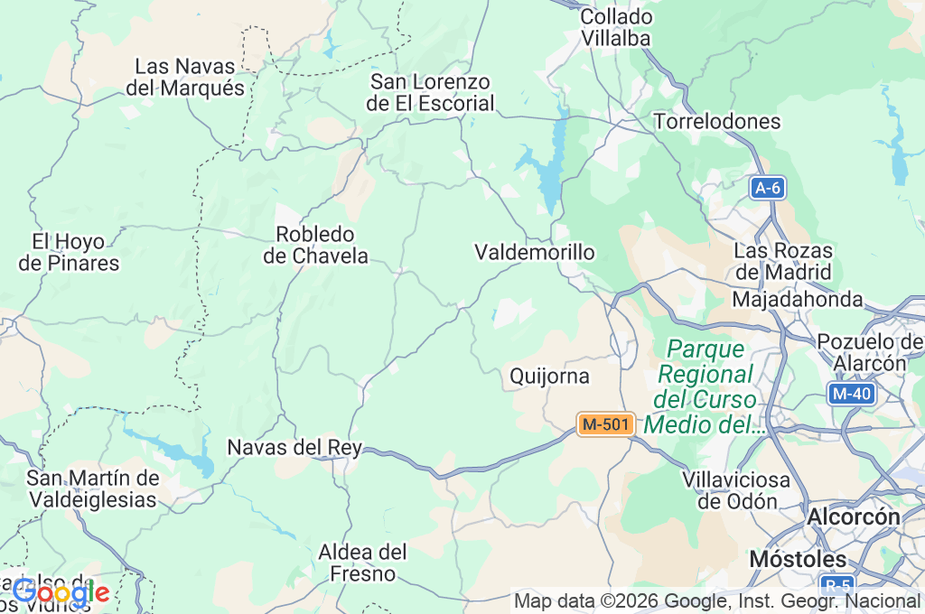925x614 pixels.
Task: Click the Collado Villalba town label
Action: click(615, 28)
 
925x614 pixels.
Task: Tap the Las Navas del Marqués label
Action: click(186, 78)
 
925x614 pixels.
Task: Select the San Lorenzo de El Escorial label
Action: click(431, 93)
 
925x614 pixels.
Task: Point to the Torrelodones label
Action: click(716, 121)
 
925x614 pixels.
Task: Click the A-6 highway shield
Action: click(768, 188)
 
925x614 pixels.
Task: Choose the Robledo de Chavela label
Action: click(316, 245)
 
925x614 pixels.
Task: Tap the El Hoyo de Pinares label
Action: click(69, 253)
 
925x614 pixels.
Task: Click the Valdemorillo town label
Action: click(535, 252)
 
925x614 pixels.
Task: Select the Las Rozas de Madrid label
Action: click(783, 261)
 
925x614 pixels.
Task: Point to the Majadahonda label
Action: click(798, 299)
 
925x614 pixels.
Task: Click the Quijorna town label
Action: click(549, 376)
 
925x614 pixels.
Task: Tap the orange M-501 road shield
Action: click(605, 423)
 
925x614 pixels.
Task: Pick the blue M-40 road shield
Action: click(851, 393)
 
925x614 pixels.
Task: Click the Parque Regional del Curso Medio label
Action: click(705, 386)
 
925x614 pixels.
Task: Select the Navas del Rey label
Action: click(294, 447)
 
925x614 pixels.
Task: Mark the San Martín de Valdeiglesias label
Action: click(93, 488)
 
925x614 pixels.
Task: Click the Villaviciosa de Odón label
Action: click(736, 490)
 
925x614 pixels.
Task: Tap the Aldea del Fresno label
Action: click(362, 562)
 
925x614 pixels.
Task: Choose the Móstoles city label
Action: click(797, 559)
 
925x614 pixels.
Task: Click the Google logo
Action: click(61, 592)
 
